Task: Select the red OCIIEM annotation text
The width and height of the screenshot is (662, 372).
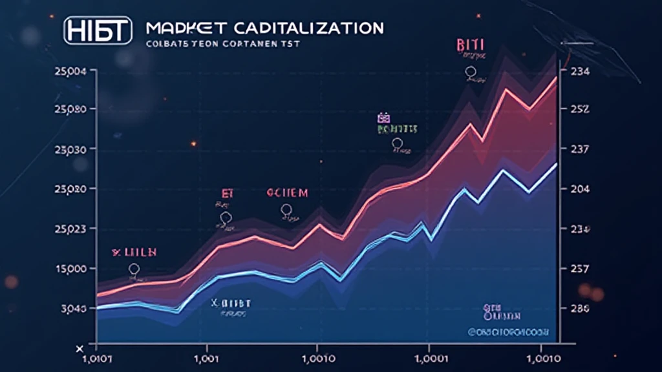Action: click(288, 192)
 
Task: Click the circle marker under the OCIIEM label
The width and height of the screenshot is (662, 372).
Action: click(286, 209)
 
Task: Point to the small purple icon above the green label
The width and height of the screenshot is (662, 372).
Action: click(382, 118)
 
